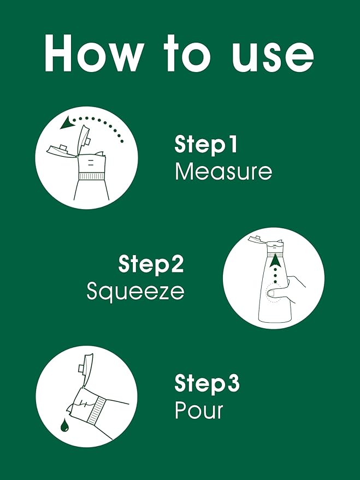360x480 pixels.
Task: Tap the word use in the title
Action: [x=273, y=57]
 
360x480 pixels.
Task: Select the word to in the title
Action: [x=187, y=54]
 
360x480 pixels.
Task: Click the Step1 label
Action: [x=206, y=145]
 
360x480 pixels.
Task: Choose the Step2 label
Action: [x=151, y=264]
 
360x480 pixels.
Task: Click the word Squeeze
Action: [x=135, y=291]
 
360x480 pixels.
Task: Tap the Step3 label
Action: [x=207, y=383]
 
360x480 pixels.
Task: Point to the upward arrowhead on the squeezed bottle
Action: [x=275, y=260]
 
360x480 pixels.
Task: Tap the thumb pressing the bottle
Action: [x=275, y=293]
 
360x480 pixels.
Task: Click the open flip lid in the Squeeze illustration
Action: [x=255, y=239]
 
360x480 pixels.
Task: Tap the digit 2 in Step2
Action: [x=177, y=263]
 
